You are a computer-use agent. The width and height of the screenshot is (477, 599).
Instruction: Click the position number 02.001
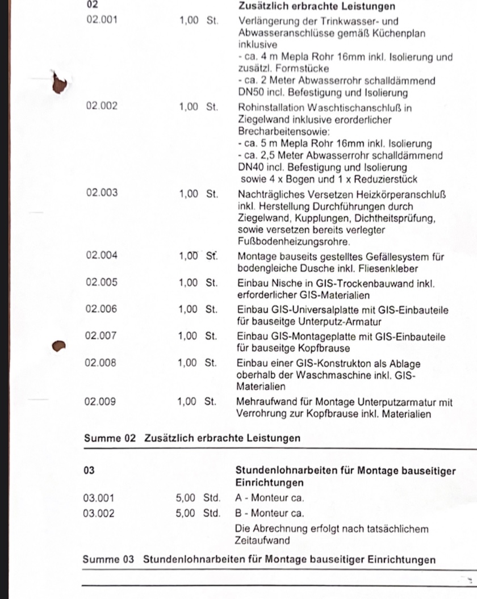pyautogui.click(x=101, y=20)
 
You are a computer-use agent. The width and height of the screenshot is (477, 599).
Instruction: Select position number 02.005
pyautogui.click(x=102, y=282)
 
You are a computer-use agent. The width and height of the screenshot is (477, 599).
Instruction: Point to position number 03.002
pyautogui.click(x=99, y=514)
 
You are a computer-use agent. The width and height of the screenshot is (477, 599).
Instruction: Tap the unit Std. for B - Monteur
pyautogui.click(x=212, y=514)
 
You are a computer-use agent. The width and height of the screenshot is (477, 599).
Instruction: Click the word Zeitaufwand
pyautogui.click(x=262, y=541)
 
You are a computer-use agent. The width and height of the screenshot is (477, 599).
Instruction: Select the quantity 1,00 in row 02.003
pyautogui.click(x=189, y=193)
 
